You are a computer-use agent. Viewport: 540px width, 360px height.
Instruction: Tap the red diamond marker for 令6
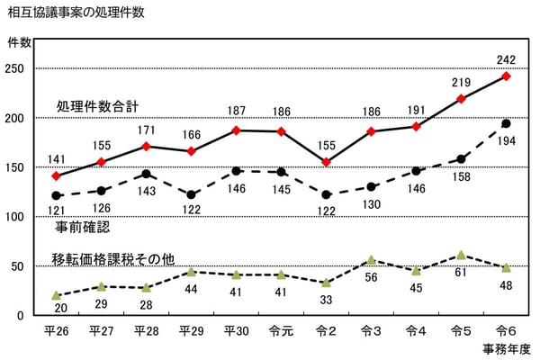(x=506, y=76)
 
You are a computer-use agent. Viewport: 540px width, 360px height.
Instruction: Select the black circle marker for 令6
(x=506, y=123)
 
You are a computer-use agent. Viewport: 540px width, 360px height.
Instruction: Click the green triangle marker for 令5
(x=461, y=256)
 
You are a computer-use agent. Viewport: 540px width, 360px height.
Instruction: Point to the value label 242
(x=506, y=60)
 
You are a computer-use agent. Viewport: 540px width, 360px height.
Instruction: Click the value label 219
(x=461, y=82)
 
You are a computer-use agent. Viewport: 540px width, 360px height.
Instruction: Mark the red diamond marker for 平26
(x=56, y=176)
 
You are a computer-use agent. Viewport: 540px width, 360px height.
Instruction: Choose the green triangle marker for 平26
(x=56, y=295)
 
